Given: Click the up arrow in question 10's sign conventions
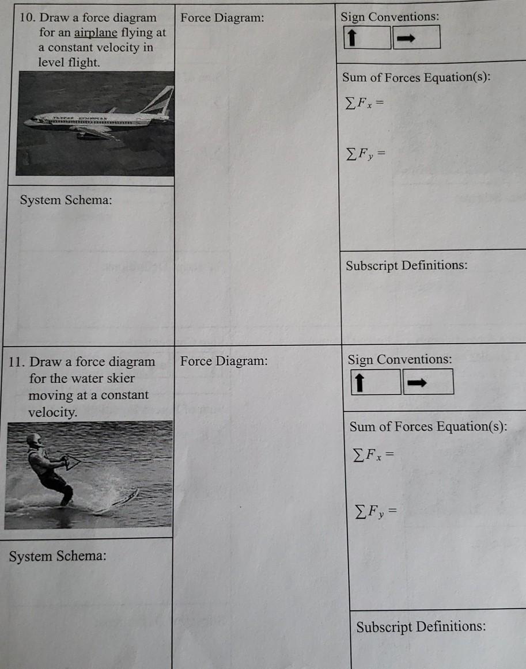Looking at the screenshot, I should pos(350,38).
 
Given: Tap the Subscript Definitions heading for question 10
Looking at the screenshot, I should pos(406,265).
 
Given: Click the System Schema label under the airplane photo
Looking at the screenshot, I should pos(66,200).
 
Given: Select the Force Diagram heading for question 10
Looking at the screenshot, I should pos(222,18).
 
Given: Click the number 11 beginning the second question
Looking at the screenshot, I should pos(16,362).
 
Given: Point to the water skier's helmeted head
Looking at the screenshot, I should pos(35,441).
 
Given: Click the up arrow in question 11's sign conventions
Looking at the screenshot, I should pos(358,382).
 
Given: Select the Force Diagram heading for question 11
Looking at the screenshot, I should pos(224,362).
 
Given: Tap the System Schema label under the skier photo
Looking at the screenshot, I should pos(58,557).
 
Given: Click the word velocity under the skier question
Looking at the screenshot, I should pos(52,413).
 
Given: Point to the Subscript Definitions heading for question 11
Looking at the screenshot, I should pos(421,626).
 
